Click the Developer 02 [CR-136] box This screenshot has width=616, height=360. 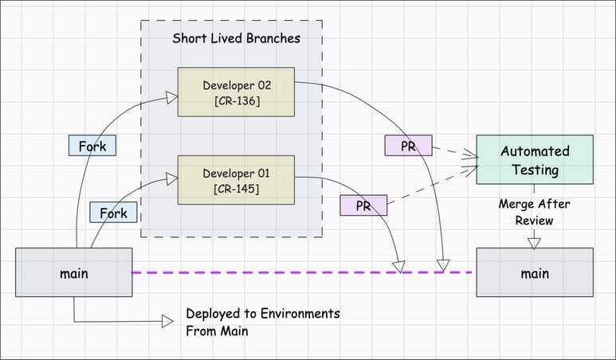pos(236,92)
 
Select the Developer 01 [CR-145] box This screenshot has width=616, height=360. pos(236,180)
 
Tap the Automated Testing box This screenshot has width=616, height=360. pos(535,159)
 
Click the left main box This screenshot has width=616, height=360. pos(73,273)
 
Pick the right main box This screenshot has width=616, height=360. pos(535,273)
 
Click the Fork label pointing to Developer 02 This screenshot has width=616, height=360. pos(92,146)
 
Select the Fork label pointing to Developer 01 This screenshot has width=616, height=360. pos(113,213)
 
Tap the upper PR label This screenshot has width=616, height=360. pos(408,146)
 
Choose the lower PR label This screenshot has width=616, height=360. pos(363,205)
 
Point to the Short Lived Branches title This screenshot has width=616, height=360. pos(236,39)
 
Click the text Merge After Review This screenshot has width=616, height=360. pos(535,211)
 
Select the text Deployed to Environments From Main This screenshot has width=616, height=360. pos(263,322)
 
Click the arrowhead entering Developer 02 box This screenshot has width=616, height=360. pos(170,97)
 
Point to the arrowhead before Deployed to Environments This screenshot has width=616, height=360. pos(167,321)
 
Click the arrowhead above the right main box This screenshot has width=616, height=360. pos(535,242)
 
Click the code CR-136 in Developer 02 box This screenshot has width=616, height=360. pos(236,101)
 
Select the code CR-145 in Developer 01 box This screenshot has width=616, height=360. pos(236,189)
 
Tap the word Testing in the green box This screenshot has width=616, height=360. pos(535,169)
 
